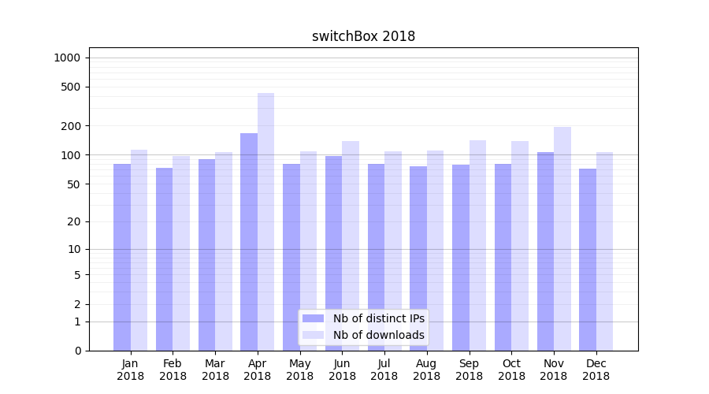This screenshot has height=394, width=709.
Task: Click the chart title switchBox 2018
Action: point(363,36)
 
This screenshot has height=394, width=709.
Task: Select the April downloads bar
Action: point(265,221)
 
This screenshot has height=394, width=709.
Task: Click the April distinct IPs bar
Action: point(249,241)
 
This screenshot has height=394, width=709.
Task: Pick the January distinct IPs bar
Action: point(122,257)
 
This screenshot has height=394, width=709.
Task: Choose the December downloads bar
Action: point(604,251)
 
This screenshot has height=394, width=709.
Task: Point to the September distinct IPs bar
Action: point(461,257)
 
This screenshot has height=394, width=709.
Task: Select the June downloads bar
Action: point(351,245)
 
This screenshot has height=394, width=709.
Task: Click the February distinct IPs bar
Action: point(164,258)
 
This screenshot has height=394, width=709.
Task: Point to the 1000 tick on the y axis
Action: point(67,58)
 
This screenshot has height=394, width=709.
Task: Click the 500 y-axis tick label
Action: point(71,87)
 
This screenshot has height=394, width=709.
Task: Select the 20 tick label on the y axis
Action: point(74,221)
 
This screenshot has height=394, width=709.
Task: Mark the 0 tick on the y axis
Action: point(77,351)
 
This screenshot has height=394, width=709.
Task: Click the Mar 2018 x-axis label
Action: point(215,370)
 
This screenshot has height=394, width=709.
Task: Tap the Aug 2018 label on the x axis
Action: point(427,370)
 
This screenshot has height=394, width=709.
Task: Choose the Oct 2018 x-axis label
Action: point(511,370)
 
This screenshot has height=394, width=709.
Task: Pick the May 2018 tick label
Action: point(300,370)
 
